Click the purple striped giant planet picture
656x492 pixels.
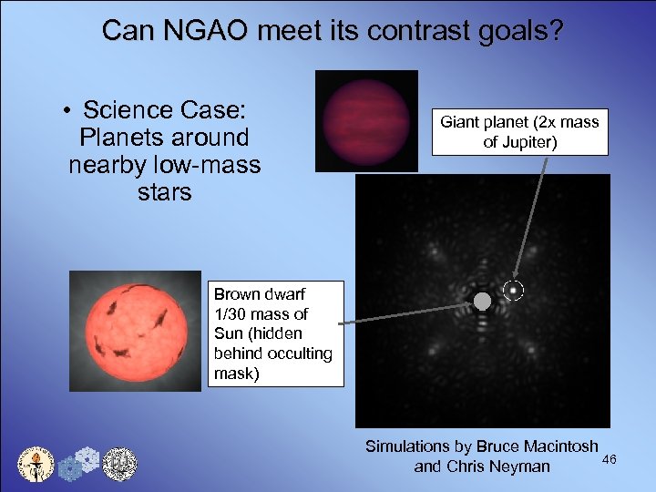[366, 121]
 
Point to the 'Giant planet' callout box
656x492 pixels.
[519, 131]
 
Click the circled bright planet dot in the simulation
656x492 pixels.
[514, 291]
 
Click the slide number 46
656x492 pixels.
[609, 458]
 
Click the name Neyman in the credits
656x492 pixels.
[520, 466]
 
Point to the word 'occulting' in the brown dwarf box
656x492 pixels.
[298, 353]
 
